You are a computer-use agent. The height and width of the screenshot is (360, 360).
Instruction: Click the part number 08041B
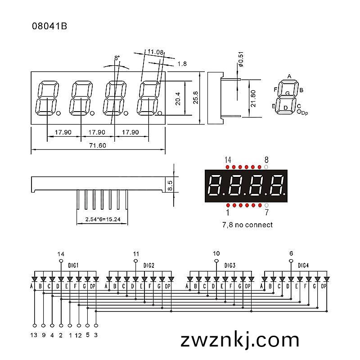coord(49,26)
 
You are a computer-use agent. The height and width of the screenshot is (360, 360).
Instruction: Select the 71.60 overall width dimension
coord(98,145)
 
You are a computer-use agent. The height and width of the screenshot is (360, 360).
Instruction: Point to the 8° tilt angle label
coord(117,58)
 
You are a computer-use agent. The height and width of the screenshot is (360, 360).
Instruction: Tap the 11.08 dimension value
coord(155,52)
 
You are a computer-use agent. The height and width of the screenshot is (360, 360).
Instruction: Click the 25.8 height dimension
coord(195,98)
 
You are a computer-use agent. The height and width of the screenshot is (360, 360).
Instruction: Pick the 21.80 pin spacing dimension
coord(253,99)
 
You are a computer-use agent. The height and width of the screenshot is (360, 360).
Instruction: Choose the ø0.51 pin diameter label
coord(241,59)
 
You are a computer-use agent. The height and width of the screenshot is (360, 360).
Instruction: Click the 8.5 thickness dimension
coord(170,185)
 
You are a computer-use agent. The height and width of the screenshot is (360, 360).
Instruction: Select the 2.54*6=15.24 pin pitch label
coord(103,219)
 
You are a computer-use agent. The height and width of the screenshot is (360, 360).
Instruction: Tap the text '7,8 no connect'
coord(247,225)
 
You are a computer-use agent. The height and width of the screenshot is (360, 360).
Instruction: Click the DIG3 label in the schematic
coord(230,265)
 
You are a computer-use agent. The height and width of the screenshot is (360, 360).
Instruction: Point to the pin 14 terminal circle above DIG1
coord(61,261)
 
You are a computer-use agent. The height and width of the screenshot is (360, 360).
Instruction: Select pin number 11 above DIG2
coord(136,254)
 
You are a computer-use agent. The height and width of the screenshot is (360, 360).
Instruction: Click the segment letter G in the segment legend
coord(288,94)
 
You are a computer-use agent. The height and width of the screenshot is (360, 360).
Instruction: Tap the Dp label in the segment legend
coord(305,113)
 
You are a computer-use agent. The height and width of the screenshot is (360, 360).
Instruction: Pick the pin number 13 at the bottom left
coord(34,335)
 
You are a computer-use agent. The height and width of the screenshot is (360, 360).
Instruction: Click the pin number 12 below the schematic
coord(78,335)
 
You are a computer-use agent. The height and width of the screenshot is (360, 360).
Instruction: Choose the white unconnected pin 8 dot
coord(266,167)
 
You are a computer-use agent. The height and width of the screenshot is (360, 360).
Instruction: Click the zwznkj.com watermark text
coord(240,340)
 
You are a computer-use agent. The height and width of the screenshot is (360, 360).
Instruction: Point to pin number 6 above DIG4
coord(291,253)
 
